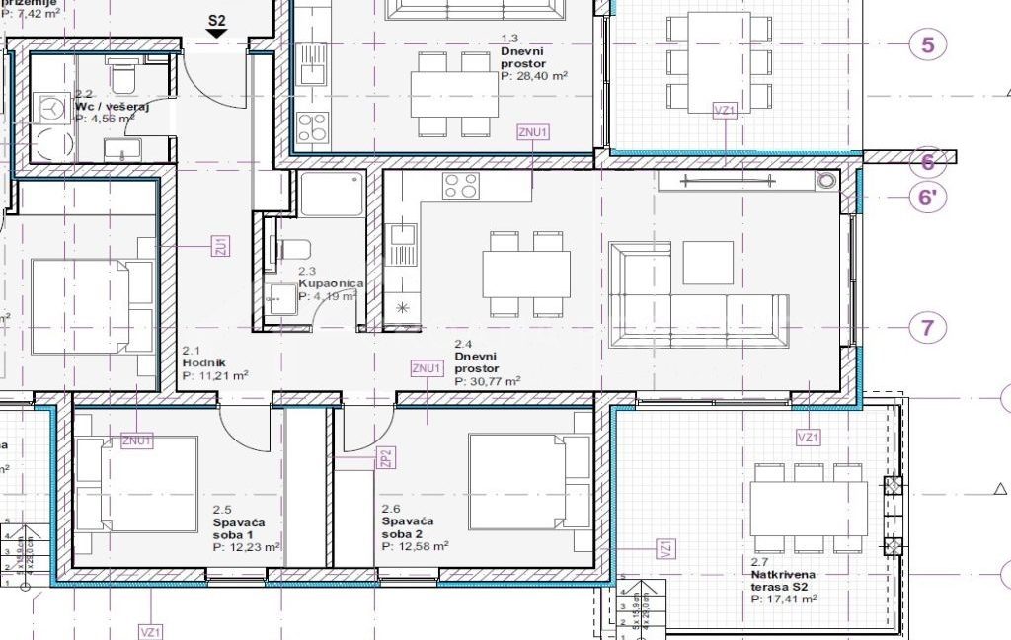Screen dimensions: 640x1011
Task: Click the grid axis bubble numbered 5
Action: [x=927, y=44]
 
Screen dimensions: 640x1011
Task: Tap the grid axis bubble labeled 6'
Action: [x=927, y=197]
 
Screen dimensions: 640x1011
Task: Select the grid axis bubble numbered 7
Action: [x=927, y=327]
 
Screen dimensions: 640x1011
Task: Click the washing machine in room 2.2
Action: [x=46, y=108]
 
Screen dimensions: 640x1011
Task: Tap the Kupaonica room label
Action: [x=332, y=283]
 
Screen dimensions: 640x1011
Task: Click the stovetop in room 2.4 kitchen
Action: [x=461, y=185]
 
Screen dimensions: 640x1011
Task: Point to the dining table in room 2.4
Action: [x=526, y=274]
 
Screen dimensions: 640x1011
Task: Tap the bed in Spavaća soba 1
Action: [x=137, y=484]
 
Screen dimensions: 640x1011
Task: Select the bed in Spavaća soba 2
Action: [x=517, y=481]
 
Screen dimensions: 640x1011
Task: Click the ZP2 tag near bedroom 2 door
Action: [x=387, y=457]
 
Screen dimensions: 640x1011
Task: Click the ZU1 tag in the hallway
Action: [x=221, y=246]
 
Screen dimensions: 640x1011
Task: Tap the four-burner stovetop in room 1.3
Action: [x=313, y=126]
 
